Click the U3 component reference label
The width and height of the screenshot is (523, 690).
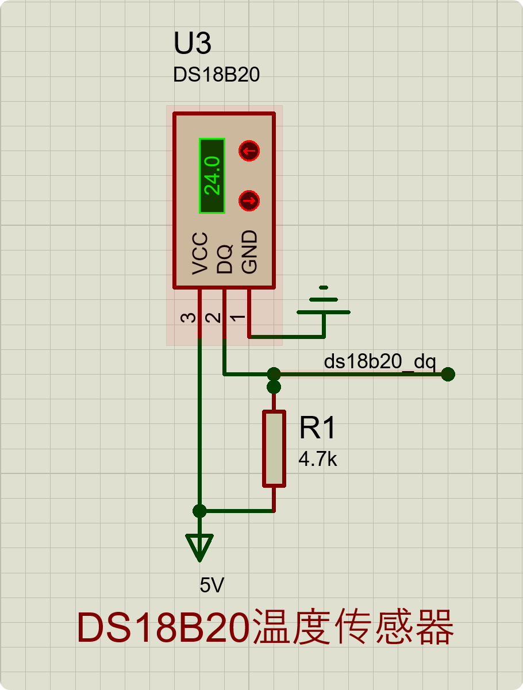click(193, 44)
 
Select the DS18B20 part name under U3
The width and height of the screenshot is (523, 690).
click(216, 75)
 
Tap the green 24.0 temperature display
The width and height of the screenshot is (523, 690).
click(211, 176)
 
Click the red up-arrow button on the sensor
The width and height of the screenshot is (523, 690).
click(249, 152)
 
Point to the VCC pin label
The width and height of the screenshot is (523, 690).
click(200, 253)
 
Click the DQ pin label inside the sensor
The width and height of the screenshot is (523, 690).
click(225, 259)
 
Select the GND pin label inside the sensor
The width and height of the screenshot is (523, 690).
click(249, 252)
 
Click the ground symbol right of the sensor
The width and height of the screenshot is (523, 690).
click(324, 304)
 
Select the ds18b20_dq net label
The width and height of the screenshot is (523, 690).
click(380, 362)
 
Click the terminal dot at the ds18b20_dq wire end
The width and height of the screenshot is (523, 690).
click(448, 375)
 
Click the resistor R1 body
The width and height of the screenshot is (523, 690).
click(274, 449)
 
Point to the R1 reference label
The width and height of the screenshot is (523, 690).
click(317, 429)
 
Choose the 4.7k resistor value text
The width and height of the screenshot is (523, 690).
click(317, 459)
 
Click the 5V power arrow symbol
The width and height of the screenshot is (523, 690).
click(199, 546)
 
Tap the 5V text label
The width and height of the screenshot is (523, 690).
click(212, 585)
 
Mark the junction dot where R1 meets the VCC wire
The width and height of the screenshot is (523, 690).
click(199, 511)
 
